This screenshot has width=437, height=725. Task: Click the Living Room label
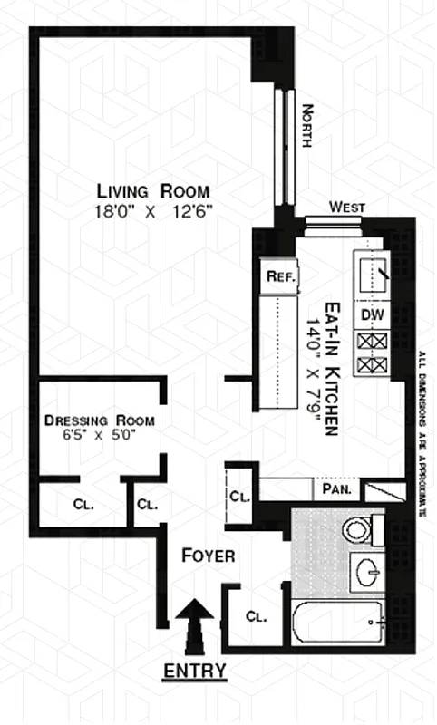click(153, 191)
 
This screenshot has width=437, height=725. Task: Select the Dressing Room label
click(100, 420)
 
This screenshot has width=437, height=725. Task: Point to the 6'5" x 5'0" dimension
click(100, 436)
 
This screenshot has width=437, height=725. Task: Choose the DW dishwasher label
click(370, 314)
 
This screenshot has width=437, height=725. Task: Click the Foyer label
click(209, 556)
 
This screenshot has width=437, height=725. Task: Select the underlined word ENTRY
click(194, 672)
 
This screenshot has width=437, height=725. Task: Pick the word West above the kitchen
click(347, 208)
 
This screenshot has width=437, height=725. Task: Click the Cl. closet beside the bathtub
click(256, 617)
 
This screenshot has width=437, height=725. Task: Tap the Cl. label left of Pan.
click(239, 496)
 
